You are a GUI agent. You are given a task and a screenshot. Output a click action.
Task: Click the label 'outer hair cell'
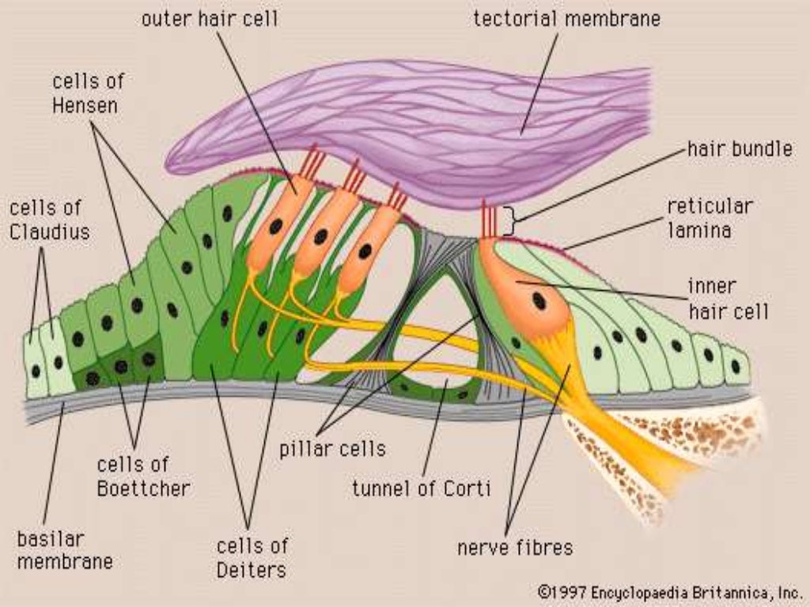tap(210, 18)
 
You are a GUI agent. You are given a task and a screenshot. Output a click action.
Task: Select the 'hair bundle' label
tap(740, 149)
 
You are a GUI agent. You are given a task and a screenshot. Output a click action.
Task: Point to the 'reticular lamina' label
tap(710, 218)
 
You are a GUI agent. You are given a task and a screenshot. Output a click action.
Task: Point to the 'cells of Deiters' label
tap(252, 556)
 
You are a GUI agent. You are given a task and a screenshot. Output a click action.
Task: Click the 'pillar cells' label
tap(332, 449)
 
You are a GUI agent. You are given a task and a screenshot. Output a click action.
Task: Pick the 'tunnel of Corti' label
tap(422, 488)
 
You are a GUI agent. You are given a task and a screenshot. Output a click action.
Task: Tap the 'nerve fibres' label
tap(514, 546)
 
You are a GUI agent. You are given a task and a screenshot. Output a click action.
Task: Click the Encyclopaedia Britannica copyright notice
tap(669, 591)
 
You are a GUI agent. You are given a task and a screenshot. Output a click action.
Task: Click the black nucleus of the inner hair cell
tap(539, 300)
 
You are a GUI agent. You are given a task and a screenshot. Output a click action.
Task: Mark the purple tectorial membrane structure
tap(443, 126)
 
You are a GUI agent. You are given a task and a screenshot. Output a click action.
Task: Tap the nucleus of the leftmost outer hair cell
tap(275, 227)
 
